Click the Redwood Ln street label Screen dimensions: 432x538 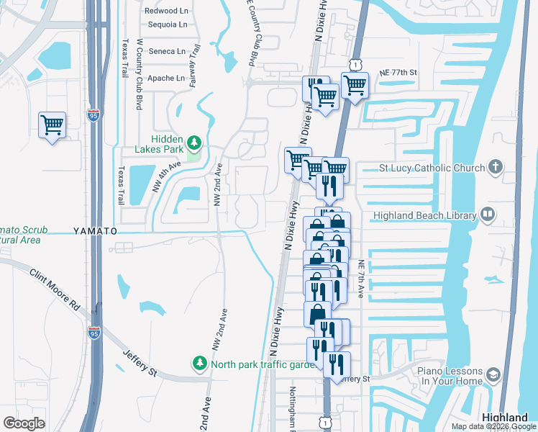(x=165, y=11)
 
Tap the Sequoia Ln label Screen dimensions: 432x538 (x=166, y=24)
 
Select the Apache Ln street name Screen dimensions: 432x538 (x=166, y=78)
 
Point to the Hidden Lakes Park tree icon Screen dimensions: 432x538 (x=193, y=140)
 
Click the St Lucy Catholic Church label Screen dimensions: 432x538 (x=432, y=168)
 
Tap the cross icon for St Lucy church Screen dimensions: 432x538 (x=495, y=168)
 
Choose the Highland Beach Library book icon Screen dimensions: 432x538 (x=488, y=215)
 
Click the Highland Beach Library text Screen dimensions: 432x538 (x=425, y=215)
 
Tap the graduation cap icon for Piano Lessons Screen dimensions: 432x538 (x=493, y=375)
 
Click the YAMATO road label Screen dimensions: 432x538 (x=94, y=231)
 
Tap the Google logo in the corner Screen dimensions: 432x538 (x=24, y=423)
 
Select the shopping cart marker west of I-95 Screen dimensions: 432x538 (x=52, y=125)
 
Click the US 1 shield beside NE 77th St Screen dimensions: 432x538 (x=355, y=66)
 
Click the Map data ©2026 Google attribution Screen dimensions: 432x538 (x=493, y=426)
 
